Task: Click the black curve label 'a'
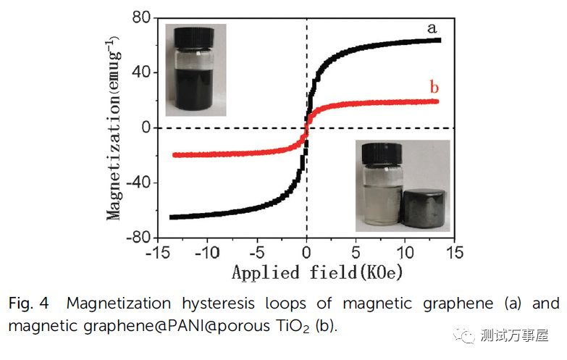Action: [x=432, y=29]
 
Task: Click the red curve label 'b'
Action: [x=434, y=88]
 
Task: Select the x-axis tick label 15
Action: [x=454, y=254]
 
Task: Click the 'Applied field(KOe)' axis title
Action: [x=316, y=272]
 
